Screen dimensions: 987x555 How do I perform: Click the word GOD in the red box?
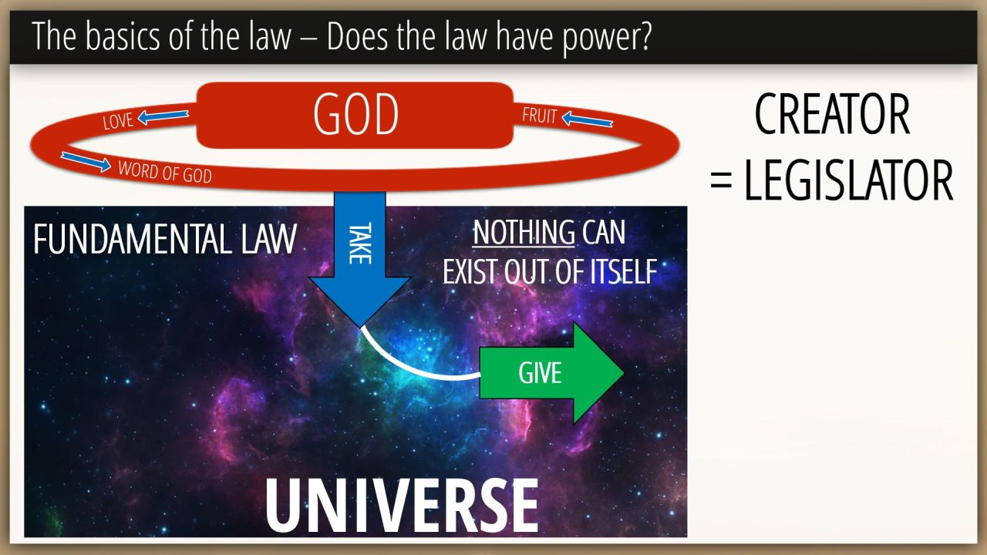pos(355,115)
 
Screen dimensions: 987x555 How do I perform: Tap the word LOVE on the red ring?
pos(118,121)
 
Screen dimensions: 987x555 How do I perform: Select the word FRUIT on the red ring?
pos(540,116)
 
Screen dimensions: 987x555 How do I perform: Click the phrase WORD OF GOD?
pos(165,172)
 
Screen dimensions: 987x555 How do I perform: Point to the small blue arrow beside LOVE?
pos(163,116)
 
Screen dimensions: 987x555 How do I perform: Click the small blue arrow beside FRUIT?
pos(588,119)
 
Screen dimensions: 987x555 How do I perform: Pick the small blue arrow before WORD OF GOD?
pos(86,162)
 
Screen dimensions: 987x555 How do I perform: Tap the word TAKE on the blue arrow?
pos(360,244)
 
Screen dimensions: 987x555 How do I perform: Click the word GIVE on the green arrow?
pos(540,373)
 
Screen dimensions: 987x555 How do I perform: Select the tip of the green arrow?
pos(624,372)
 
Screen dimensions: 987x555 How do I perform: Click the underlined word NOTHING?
pos(524,233)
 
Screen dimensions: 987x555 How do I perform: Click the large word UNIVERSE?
pos(402,506)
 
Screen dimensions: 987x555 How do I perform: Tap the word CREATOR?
pos(832,115)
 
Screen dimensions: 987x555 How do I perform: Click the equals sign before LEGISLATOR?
pos(721,181)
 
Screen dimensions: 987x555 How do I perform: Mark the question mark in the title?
pos(645,36)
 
